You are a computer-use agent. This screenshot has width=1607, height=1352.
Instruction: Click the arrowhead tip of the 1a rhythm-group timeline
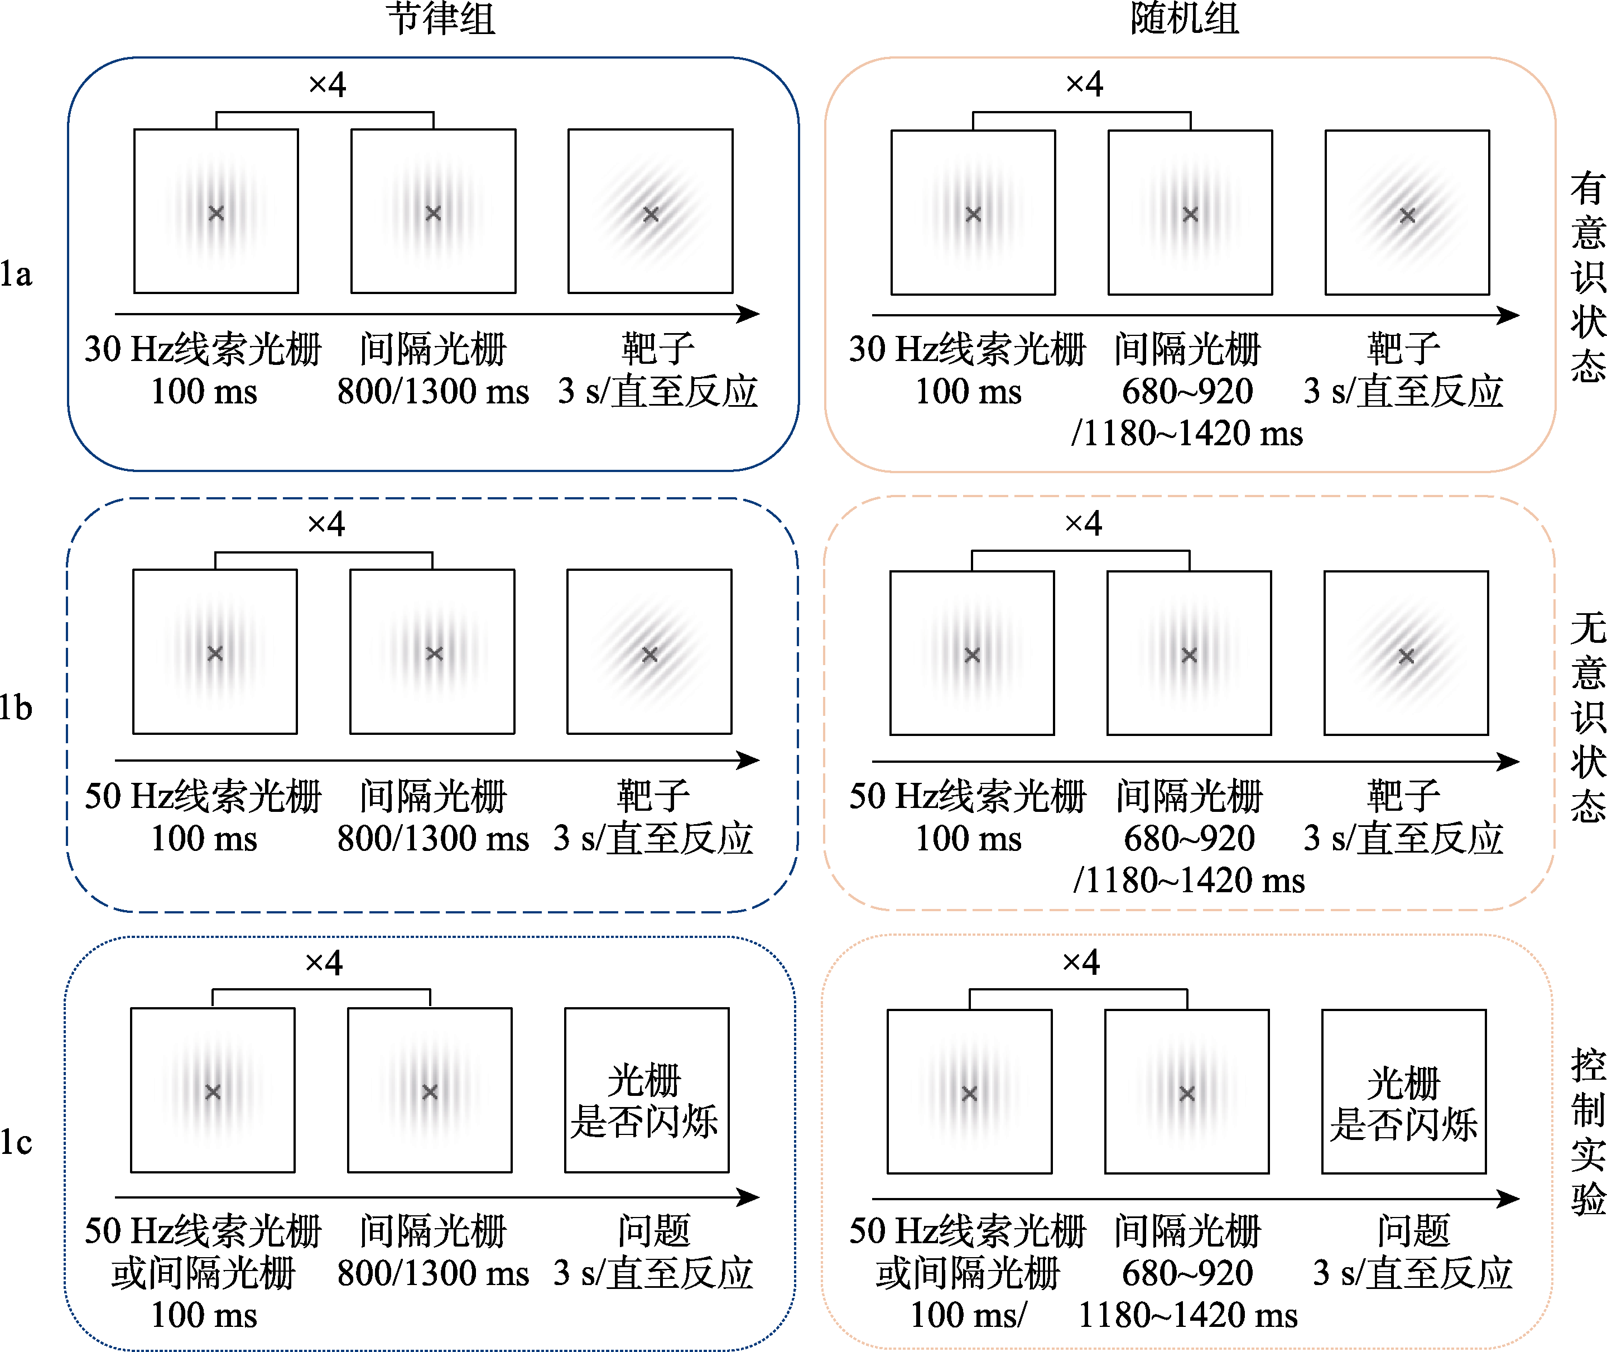[759, 314]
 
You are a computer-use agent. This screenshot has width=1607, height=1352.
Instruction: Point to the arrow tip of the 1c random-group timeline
[1519, 1199]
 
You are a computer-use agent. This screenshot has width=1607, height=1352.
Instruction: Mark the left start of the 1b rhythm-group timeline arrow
[115, 761]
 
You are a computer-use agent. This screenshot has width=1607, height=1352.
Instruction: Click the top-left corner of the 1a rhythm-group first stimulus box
[134, 129]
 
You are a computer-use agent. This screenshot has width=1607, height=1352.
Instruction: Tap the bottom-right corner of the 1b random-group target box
[1488, 734]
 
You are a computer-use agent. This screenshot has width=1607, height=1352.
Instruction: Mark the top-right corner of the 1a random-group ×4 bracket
[1190, 113]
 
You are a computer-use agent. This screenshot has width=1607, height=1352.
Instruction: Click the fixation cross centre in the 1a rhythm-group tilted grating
[651, 214]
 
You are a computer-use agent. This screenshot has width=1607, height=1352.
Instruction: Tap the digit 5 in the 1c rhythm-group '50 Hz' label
[94, 1231]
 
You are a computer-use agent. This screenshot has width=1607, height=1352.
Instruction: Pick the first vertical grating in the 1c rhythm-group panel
[213, 1091]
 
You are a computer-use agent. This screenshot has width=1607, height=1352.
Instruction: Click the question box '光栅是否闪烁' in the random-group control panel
[1404, 1091]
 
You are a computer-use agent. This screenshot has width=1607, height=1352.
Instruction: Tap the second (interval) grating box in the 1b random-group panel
[1190, 653]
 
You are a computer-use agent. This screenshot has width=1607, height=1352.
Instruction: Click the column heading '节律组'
[441, 18]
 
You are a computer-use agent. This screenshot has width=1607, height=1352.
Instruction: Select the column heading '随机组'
[1185, 18]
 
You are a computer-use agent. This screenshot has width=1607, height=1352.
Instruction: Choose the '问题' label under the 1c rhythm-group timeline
[655, 1231]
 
